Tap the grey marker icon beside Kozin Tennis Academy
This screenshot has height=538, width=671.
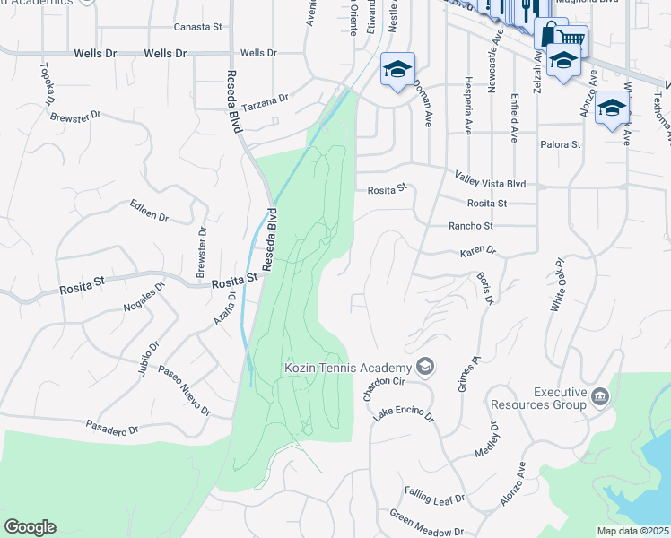coord(425,367)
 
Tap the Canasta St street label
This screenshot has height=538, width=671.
coord(197,28)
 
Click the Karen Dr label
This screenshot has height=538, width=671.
coord(478,252)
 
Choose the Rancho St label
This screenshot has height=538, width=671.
coord(471,226)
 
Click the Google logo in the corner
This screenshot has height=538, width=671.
coord(30,526)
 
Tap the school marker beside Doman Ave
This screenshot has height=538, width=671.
coord(397,69)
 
